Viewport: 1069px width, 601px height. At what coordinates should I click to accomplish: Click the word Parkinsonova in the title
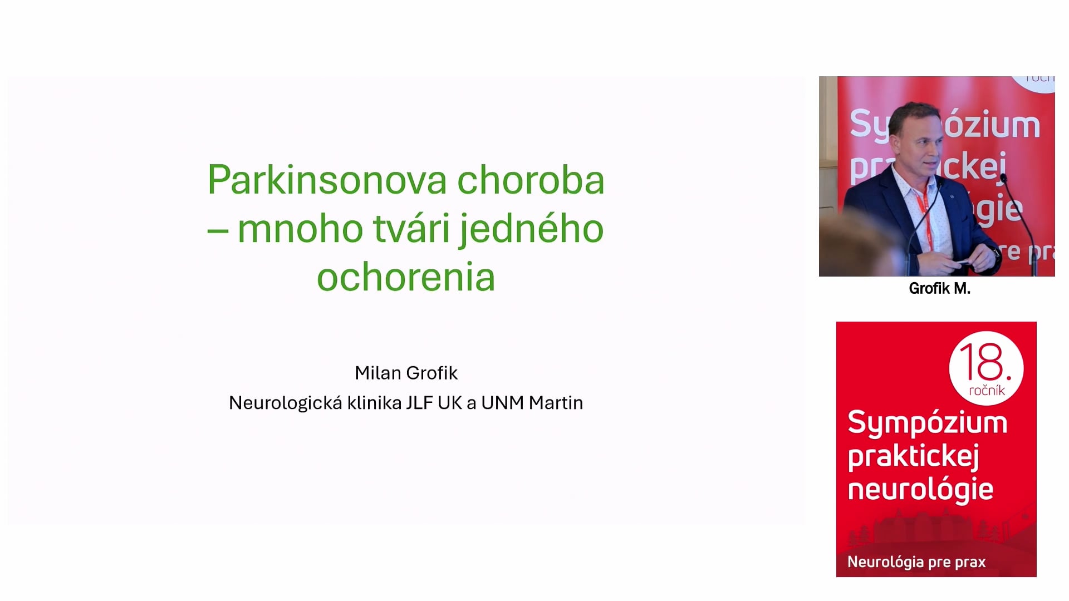point(327,180)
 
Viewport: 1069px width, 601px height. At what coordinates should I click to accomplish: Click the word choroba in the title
point(531,180)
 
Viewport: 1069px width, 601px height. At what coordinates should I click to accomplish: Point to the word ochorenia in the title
point(406,277)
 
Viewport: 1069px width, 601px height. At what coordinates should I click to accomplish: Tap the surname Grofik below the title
point(432,373)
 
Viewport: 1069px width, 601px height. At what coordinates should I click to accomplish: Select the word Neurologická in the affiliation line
point(286,403)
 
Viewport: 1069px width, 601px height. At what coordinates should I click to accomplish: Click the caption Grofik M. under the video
point(939,288)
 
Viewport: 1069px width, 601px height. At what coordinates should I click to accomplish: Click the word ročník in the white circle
point(987,391)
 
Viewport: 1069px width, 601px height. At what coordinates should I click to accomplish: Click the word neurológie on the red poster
point(920,490)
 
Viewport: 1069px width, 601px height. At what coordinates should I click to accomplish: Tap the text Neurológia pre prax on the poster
point(916,562)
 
